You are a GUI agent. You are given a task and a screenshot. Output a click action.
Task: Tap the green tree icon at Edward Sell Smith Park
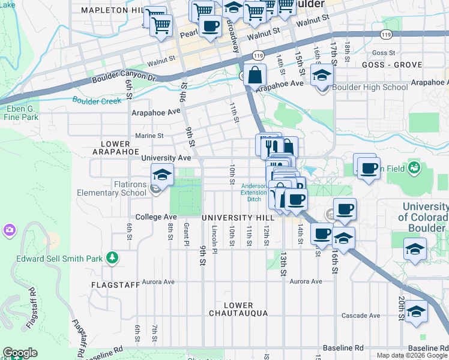[111, 258]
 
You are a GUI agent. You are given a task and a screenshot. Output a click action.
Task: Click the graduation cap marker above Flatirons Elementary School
[162, 175]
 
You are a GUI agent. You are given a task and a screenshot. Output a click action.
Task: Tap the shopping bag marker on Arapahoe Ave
[255, 76]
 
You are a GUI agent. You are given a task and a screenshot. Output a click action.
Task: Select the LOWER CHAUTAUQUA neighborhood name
[239, 309]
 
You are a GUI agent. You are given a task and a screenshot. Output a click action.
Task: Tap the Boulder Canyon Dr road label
[124, 79]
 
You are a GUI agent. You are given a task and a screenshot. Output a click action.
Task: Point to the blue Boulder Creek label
[97, 100]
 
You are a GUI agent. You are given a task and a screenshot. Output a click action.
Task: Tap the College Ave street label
[156, 217]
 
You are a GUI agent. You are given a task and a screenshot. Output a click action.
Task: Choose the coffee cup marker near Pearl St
[209, 26]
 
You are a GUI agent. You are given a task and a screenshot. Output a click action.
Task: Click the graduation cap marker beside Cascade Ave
[416, 313]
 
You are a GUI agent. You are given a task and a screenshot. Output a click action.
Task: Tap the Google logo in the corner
[20, 353]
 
